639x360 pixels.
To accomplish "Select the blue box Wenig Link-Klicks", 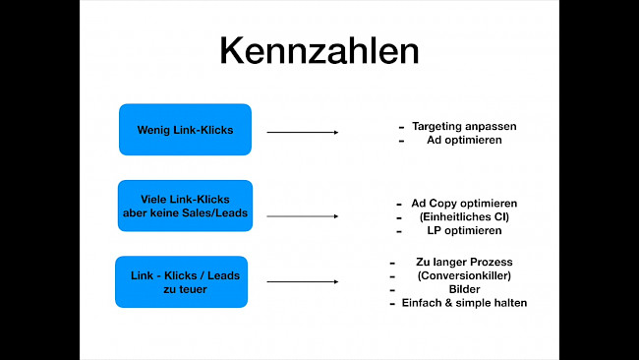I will [185, 130].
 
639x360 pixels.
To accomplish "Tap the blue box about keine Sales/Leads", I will [185, 206].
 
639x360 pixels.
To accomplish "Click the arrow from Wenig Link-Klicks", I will [302, 132].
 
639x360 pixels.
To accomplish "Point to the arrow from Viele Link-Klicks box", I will [302, 215].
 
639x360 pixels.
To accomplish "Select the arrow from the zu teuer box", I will [302, 282].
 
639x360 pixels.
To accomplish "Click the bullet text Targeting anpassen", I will [464, 127].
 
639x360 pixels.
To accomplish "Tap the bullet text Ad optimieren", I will [464, 141].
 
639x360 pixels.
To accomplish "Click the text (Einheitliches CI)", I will [464, 216].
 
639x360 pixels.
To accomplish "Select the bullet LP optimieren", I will [464, 230].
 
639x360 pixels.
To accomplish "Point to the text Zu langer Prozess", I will [464, 262].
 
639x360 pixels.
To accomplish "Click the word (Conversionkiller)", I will [464, 275].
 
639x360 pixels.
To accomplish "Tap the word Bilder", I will [464, 289].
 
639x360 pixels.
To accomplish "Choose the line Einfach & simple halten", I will [464, 303].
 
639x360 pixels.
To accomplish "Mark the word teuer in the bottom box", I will [193, 289].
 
